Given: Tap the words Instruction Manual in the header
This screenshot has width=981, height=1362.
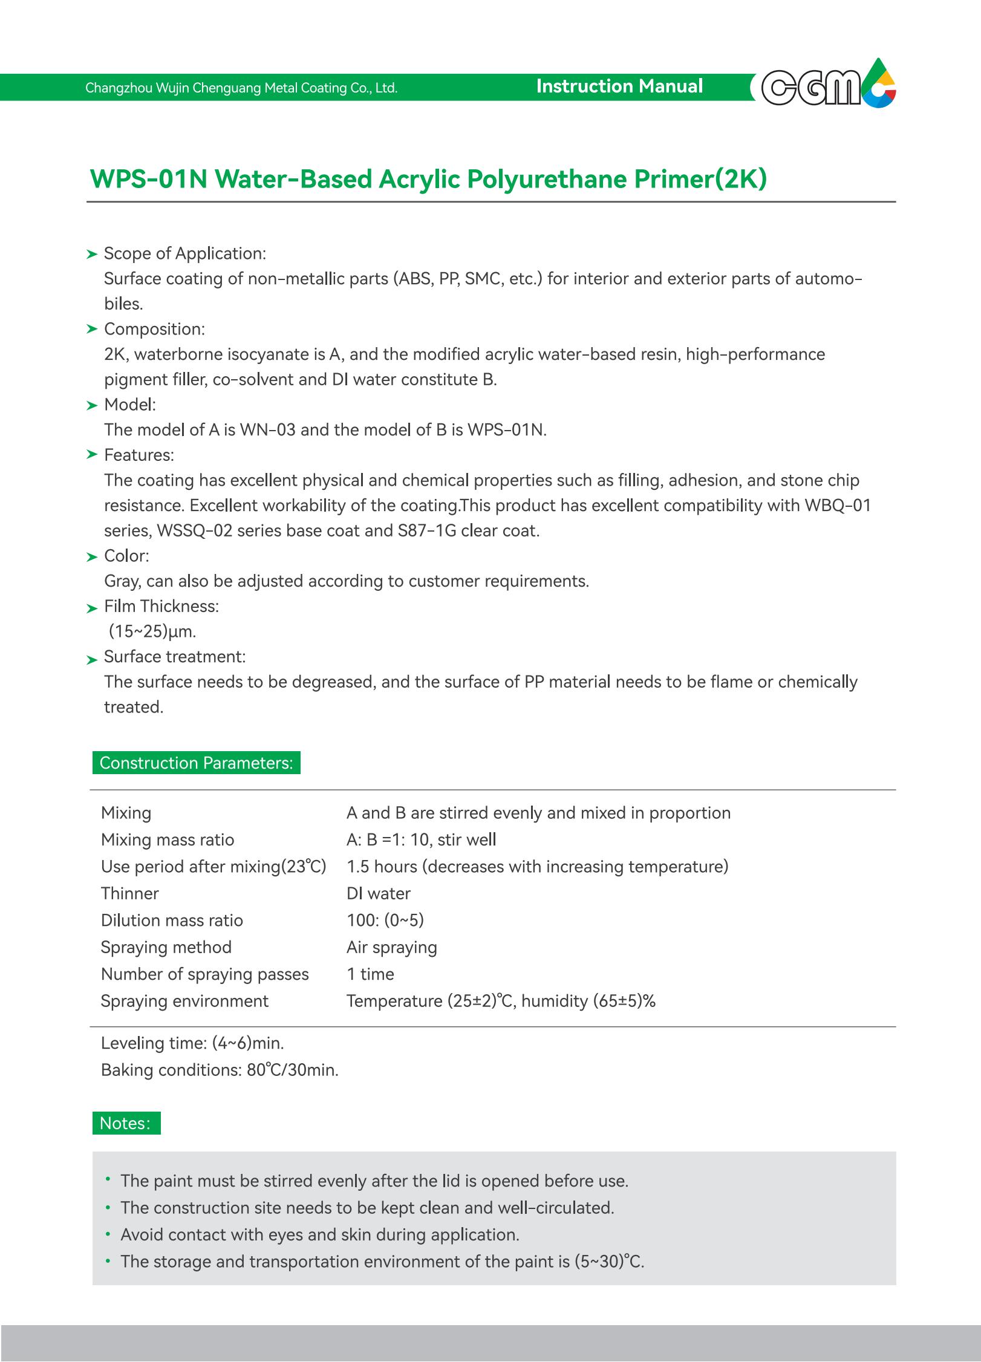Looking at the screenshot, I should (619, 86).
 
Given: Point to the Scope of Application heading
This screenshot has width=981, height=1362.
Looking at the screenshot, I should (184, 253).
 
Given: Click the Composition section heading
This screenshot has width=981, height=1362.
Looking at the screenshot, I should (154, 329).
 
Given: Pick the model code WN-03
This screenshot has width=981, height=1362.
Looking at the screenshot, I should (267, 430).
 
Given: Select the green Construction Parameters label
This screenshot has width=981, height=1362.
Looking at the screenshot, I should (196, 763).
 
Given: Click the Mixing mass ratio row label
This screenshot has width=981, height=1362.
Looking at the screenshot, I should (168, 839).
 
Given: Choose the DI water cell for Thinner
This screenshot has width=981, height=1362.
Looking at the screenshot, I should (379, 893).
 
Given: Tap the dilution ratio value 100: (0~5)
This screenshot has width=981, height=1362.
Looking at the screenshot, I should (385, 920).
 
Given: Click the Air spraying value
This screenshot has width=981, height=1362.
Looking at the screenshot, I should (391, 947).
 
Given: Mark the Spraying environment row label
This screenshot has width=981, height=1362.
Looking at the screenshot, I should (184, 1001).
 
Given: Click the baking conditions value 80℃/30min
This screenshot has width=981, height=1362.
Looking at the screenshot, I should (292, 1070).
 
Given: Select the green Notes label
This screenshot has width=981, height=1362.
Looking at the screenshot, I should (126, 1123).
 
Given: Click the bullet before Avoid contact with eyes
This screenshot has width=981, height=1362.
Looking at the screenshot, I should (108, 1234).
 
